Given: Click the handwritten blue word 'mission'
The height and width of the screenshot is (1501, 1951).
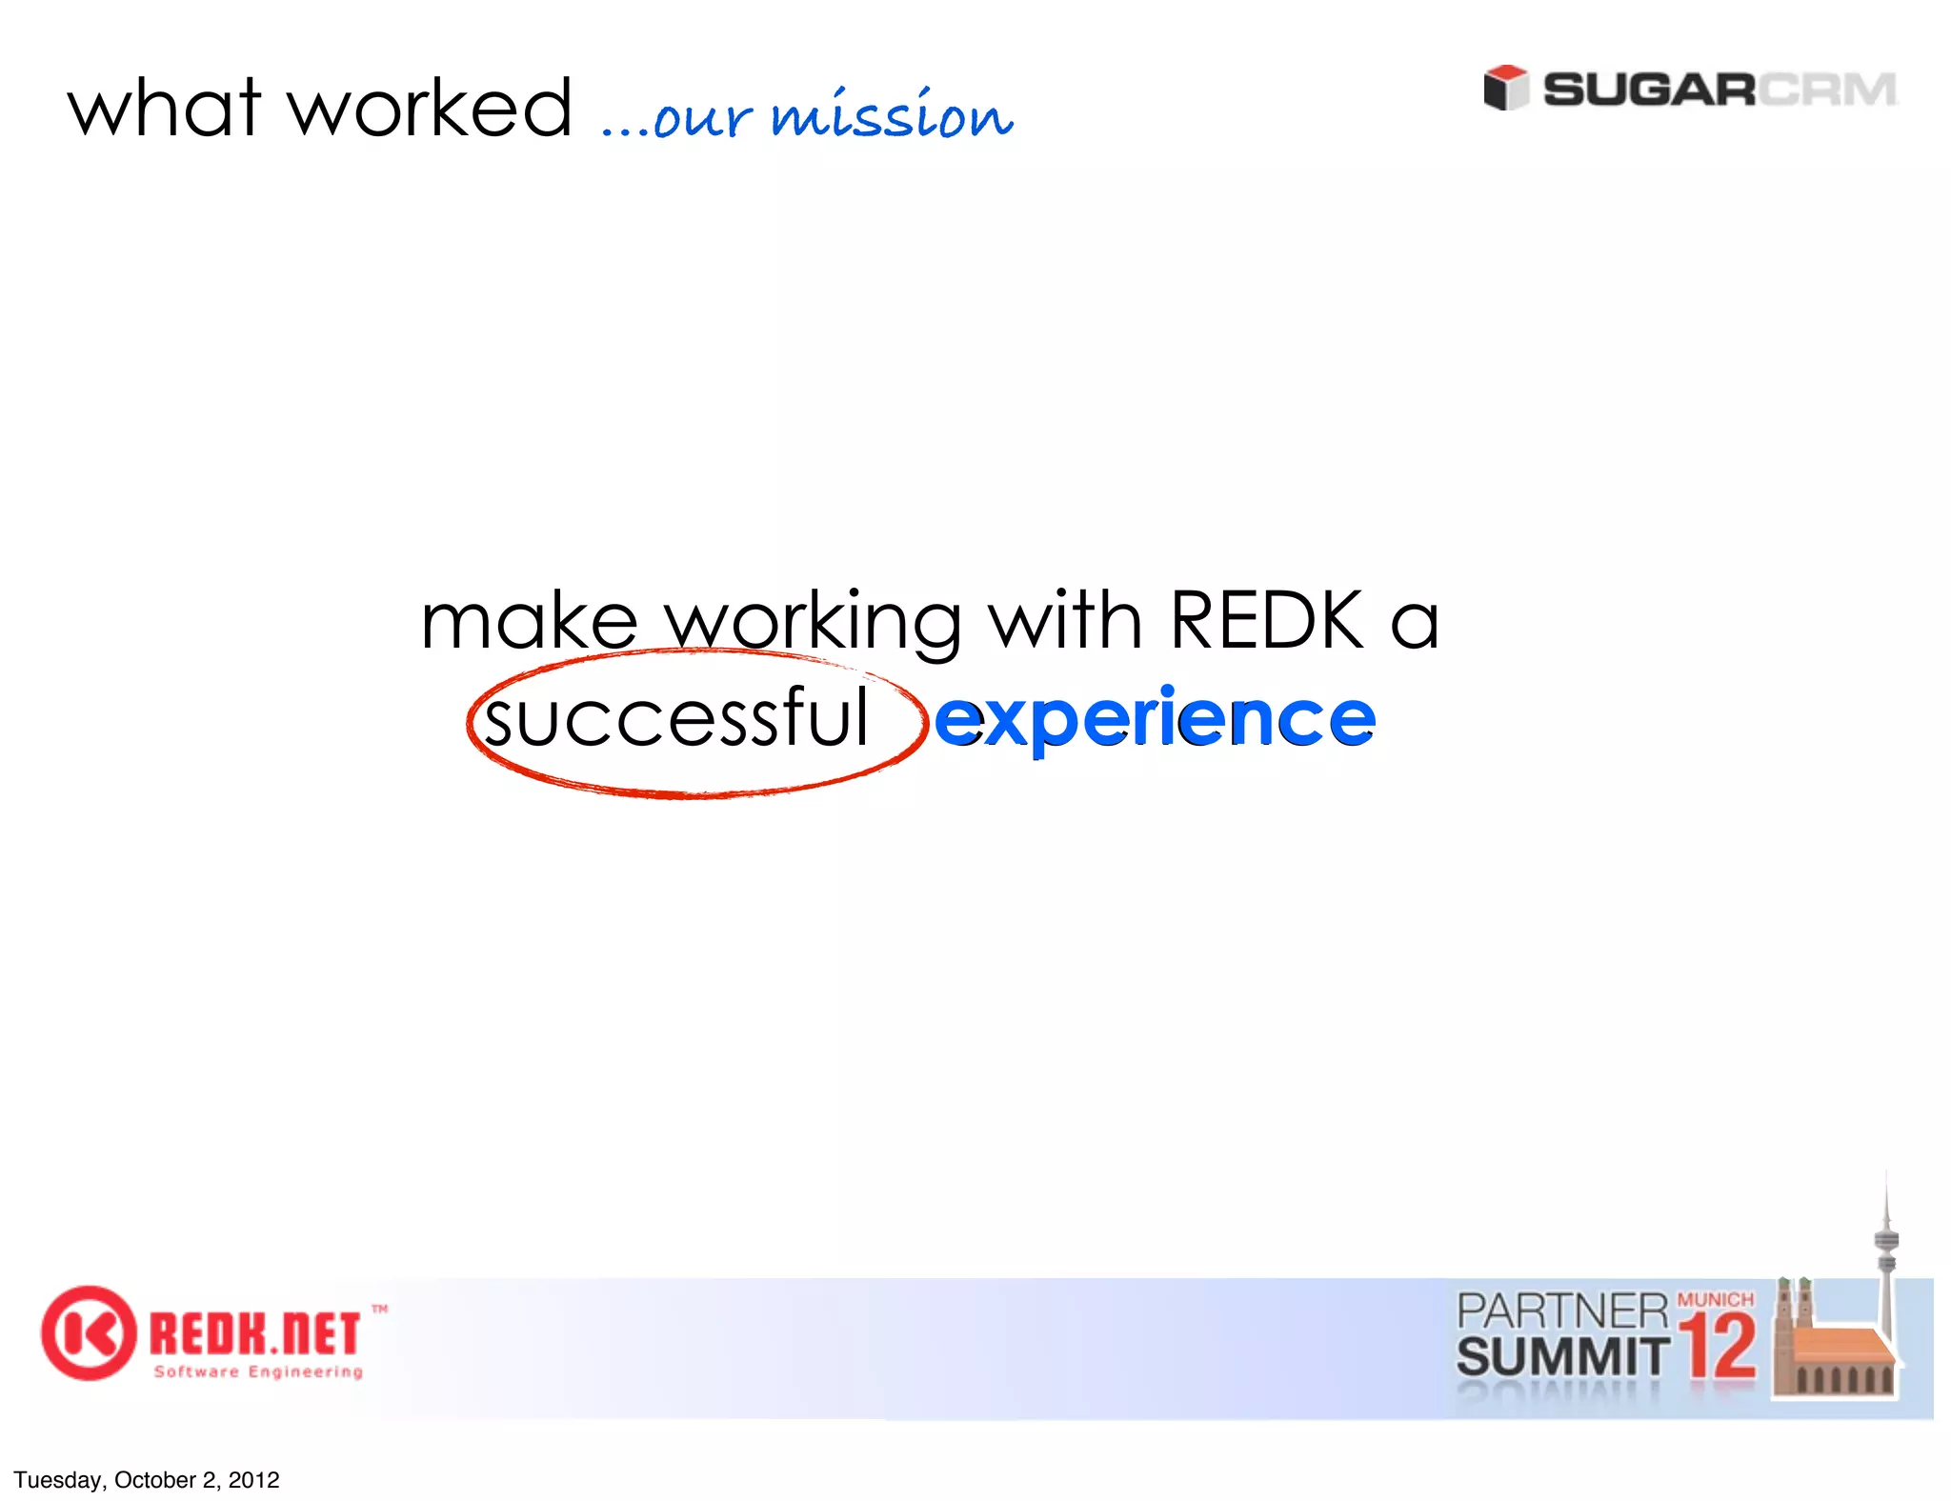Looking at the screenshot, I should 892,116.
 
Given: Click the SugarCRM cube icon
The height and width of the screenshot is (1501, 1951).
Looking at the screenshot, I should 1505,88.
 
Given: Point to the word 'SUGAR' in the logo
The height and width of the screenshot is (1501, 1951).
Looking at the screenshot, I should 1648,90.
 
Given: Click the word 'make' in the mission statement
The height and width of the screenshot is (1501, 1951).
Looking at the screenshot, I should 529,621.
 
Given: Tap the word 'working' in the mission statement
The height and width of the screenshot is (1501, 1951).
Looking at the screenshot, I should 813,621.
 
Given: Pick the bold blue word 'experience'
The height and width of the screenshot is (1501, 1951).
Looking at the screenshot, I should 1155,719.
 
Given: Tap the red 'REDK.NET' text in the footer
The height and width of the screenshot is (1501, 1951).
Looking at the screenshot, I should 254,1333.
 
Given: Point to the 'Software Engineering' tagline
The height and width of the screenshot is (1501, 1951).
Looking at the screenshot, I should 258,1371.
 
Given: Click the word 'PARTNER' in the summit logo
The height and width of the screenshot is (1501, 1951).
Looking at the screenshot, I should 1562,1311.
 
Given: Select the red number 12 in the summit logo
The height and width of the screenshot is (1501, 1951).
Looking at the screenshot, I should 1718,1346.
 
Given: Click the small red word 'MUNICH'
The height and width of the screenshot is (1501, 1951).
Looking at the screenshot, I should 1715,1299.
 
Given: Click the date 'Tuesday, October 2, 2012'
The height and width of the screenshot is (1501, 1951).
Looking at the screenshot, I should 147,1480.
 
